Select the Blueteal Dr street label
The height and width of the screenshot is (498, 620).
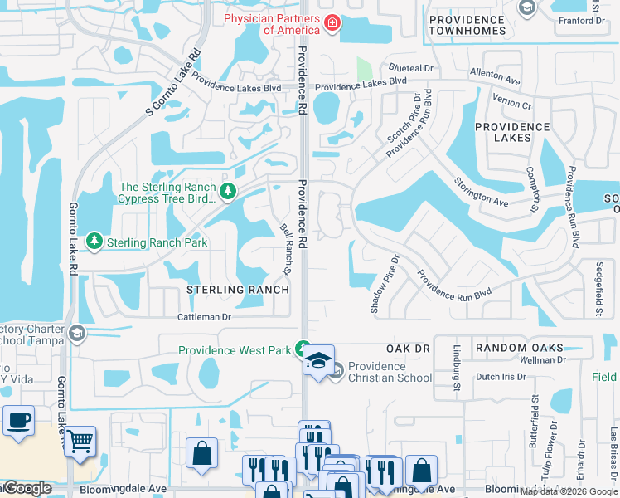tap(407, 68)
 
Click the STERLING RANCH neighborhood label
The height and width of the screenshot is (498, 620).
tap(237, 290)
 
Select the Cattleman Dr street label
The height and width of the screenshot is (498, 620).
tap(204, 317)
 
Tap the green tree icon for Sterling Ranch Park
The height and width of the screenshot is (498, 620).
tap(94, 242)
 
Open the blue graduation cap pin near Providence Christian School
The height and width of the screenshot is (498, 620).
tap(318, 360)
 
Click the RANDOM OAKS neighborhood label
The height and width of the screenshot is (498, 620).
tap(519, 349)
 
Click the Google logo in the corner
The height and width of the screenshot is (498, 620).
tap(27, 489)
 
